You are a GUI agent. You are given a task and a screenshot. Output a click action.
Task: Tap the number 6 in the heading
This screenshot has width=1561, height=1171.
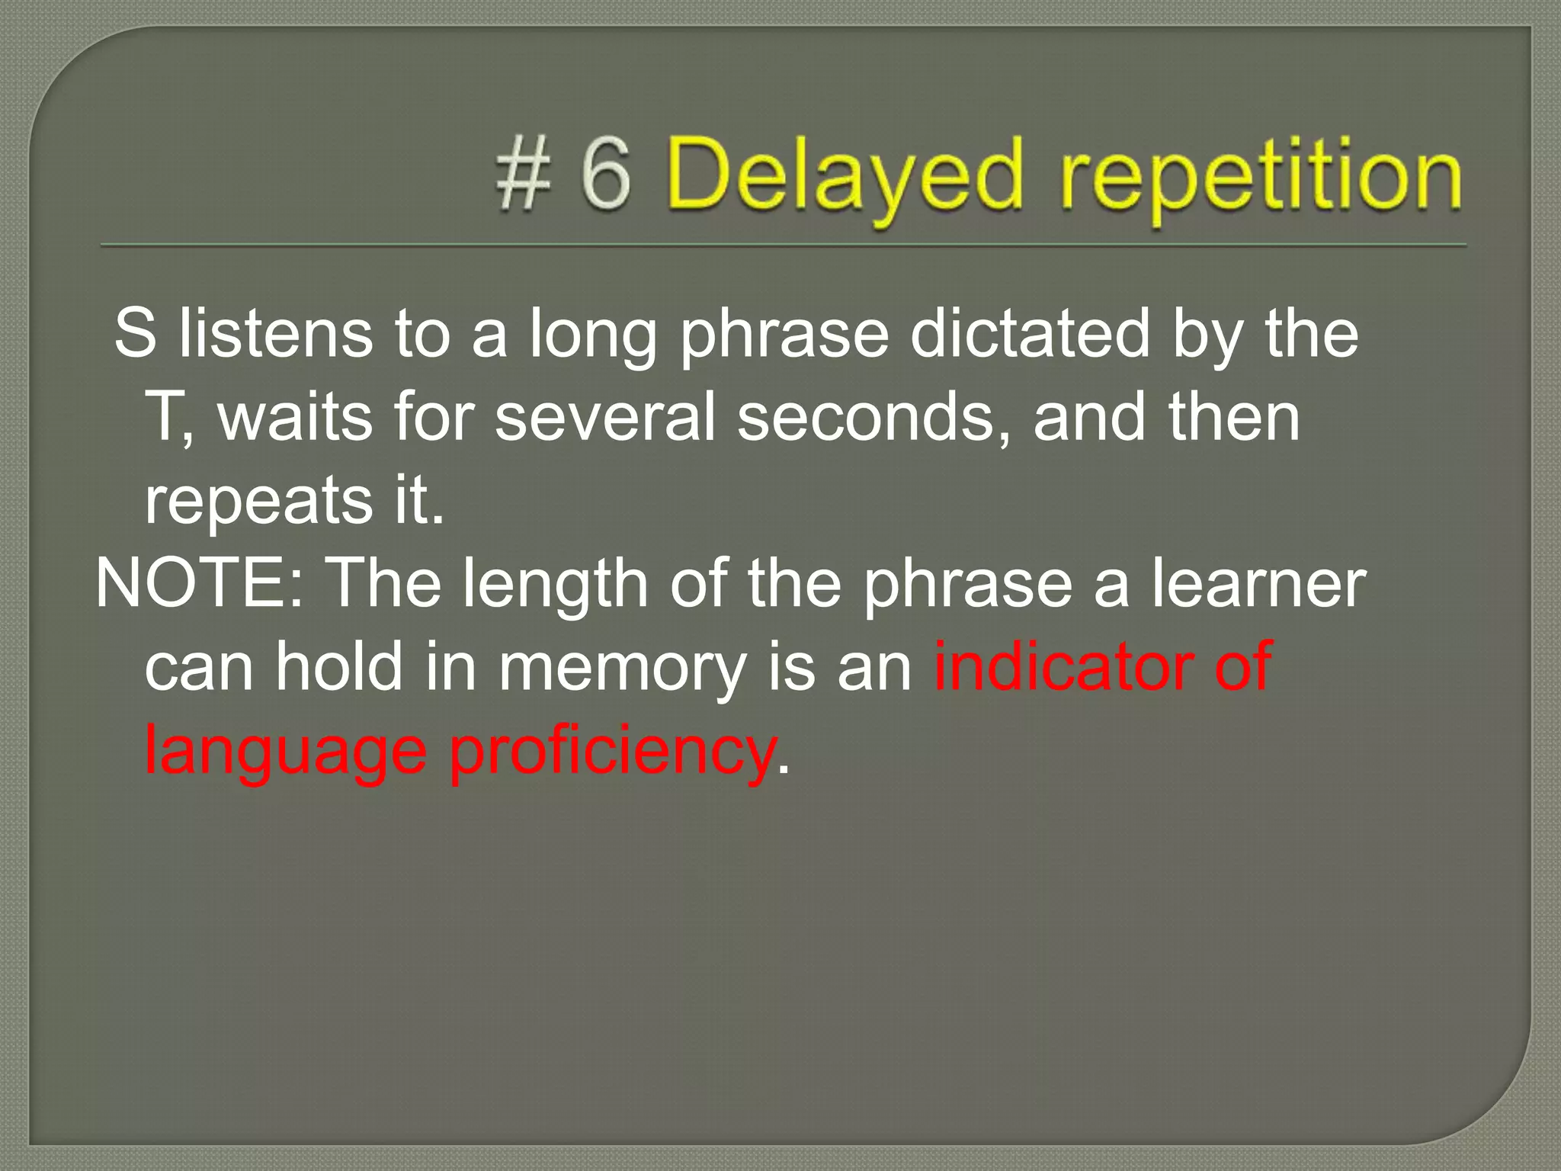(606, 176)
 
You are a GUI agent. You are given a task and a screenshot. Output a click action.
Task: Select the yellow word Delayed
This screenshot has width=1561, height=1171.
(843, 180)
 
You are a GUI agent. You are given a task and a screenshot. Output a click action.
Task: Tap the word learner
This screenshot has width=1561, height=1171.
(1258, 583)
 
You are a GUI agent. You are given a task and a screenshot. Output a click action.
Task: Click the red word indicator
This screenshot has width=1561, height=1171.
(1063, 666)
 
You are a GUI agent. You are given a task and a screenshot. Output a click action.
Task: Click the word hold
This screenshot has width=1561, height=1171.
(338, 666)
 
